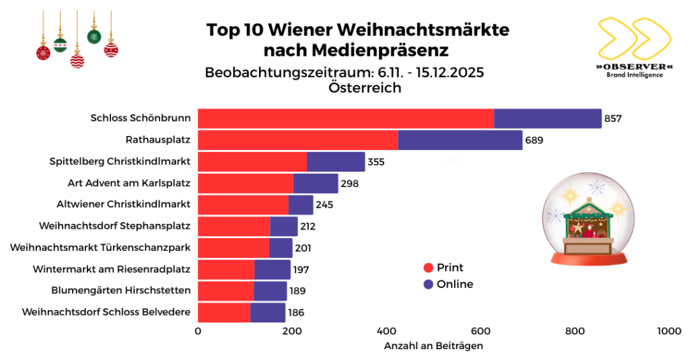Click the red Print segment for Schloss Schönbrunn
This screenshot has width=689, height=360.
(x=346, y=118)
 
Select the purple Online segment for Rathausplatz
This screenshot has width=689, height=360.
(x=460, y=140)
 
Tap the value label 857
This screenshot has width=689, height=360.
(x=613, y=118)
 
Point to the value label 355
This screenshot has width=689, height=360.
(x=376, y=161)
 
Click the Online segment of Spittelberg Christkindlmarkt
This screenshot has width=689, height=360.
(x=336, y=161)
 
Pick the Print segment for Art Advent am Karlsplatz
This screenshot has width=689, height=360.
(x=245, y=183)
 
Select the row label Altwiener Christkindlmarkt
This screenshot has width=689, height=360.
(x=124, y=205)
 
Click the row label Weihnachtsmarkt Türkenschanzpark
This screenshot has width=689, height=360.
(x=100, y=248)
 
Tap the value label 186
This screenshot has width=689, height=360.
(x=296, y=312)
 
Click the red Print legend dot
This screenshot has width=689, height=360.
(x=428, y=268)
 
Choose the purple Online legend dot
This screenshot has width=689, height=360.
(x=428, y=285)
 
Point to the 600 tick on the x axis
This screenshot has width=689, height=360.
(x=480, y=331)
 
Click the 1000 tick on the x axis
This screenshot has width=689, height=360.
(x=669, y=331)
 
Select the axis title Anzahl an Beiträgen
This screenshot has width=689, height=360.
(x=434, y=346)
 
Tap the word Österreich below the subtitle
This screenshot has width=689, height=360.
(x=365, y=87)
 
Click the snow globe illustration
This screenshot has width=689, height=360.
(x=588, y=219)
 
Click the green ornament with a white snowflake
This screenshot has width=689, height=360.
(x=94, y=36)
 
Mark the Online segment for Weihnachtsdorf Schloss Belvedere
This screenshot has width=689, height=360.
(x=268, y=312)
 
